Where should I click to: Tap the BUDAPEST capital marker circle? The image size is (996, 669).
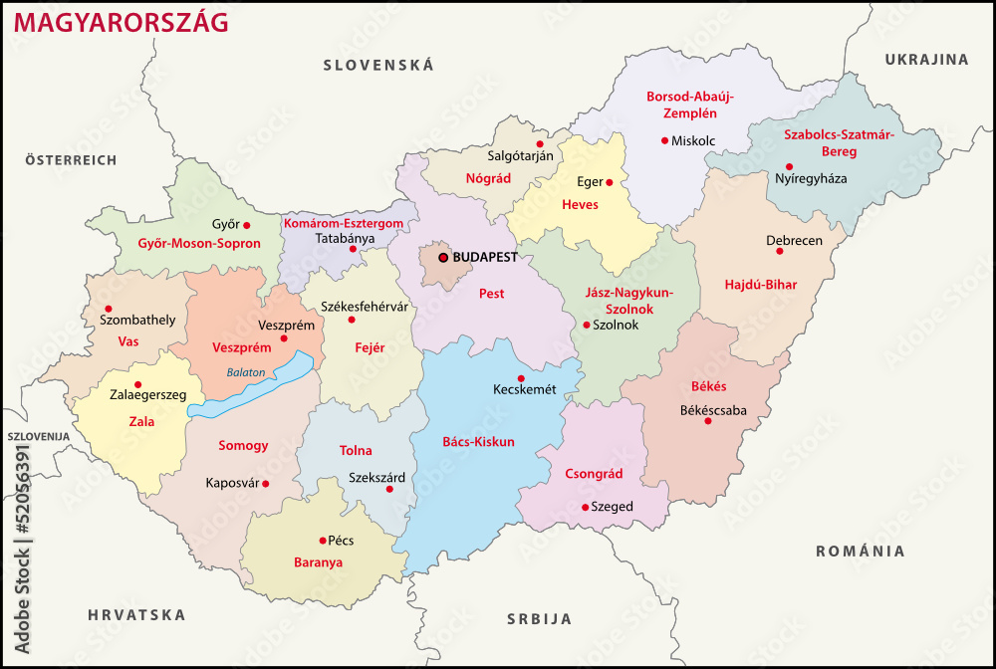tap(443, 257)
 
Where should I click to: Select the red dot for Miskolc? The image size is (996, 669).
tap(664, 140)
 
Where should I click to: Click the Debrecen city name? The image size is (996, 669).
tap(794, 241)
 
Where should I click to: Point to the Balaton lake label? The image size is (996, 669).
tap(246, 372)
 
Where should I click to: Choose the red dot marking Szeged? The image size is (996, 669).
tap(585, 507)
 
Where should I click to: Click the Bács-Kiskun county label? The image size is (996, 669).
tap(478, 441)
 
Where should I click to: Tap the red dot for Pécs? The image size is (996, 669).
tap(322, 541)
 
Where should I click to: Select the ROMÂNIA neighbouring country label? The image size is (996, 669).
tap(861, 551)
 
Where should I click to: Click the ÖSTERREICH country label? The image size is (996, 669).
tap(71, 159)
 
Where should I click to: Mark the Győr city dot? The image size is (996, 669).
tap(247, 225)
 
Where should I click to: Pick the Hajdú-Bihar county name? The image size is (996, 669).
tap(761, 285)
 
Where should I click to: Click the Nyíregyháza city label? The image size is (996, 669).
tap(811, 179)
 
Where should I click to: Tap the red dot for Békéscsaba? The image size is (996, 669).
tap(708, 421)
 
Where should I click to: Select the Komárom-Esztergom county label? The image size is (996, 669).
tap(343, 224)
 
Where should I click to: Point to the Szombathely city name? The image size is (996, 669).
tap(137, 320)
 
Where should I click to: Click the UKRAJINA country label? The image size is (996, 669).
tap(926, 60)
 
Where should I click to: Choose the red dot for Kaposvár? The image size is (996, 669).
tap(265, 484)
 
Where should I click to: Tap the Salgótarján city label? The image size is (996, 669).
tap(520, 156)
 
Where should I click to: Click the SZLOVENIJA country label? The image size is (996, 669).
tap(38, 436)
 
